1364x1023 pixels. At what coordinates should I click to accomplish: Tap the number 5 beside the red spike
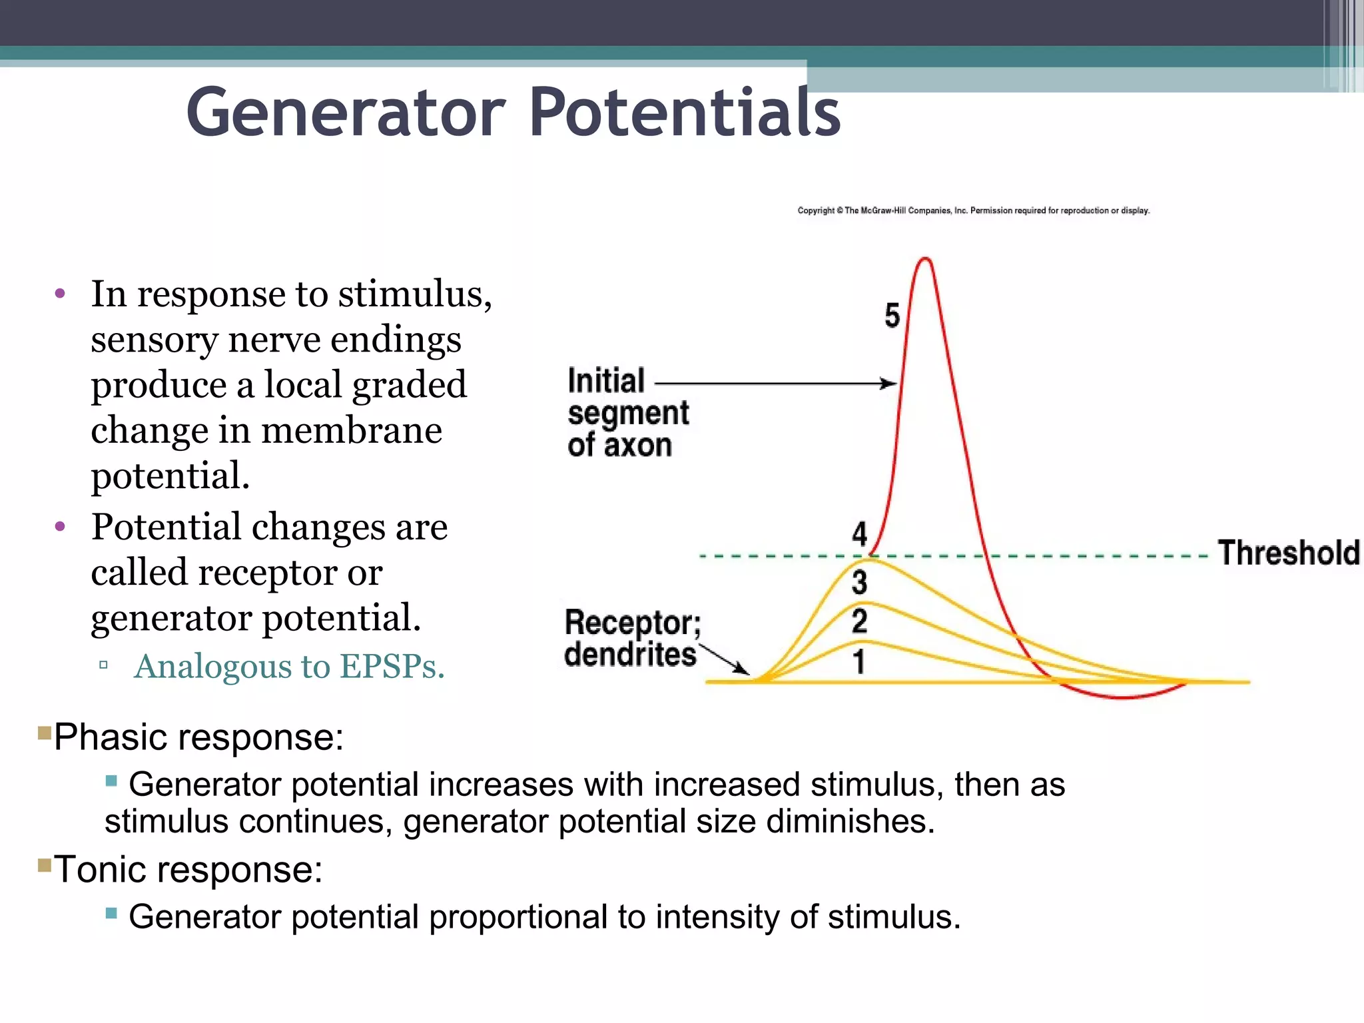coord(892,315)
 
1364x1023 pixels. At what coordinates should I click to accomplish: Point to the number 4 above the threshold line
coord(860,533)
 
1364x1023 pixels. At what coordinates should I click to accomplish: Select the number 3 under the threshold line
coord(859,582)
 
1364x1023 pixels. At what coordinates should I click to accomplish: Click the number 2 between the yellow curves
coord(859,621)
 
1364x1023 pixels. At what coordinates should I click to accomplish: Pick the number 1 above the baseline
coord(859,661)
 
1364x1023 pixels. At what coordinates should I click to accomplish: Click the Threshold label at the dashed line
coord(1288,553)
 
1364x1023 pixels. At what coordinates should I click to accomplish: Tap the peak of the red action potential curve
coord(925,259)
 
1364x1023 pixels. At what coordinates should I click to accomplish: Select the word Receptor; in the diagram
coord(632,623)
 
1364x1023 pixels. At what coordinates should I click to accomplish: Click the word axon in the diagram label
coord(637,445)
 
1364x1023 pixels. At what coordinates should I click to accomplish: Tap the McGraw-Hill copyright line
coord(973,210)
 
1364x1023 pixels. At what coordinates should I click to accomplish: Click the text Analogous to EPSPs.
coord(289,666)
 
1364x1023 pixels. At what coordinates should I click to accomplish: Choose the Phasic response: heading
coord(198,737)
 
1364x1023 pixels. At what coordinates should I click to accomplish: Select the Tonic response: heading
coord(188,870)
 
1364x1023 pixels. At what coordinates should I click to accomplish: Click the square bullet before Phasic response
coord(45,733)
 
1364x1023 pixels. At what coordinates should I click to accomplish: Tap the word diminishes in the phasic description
coord(850,821)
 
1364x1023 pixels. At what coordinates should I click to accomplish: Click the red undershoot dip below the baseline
coord(1122,696)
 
